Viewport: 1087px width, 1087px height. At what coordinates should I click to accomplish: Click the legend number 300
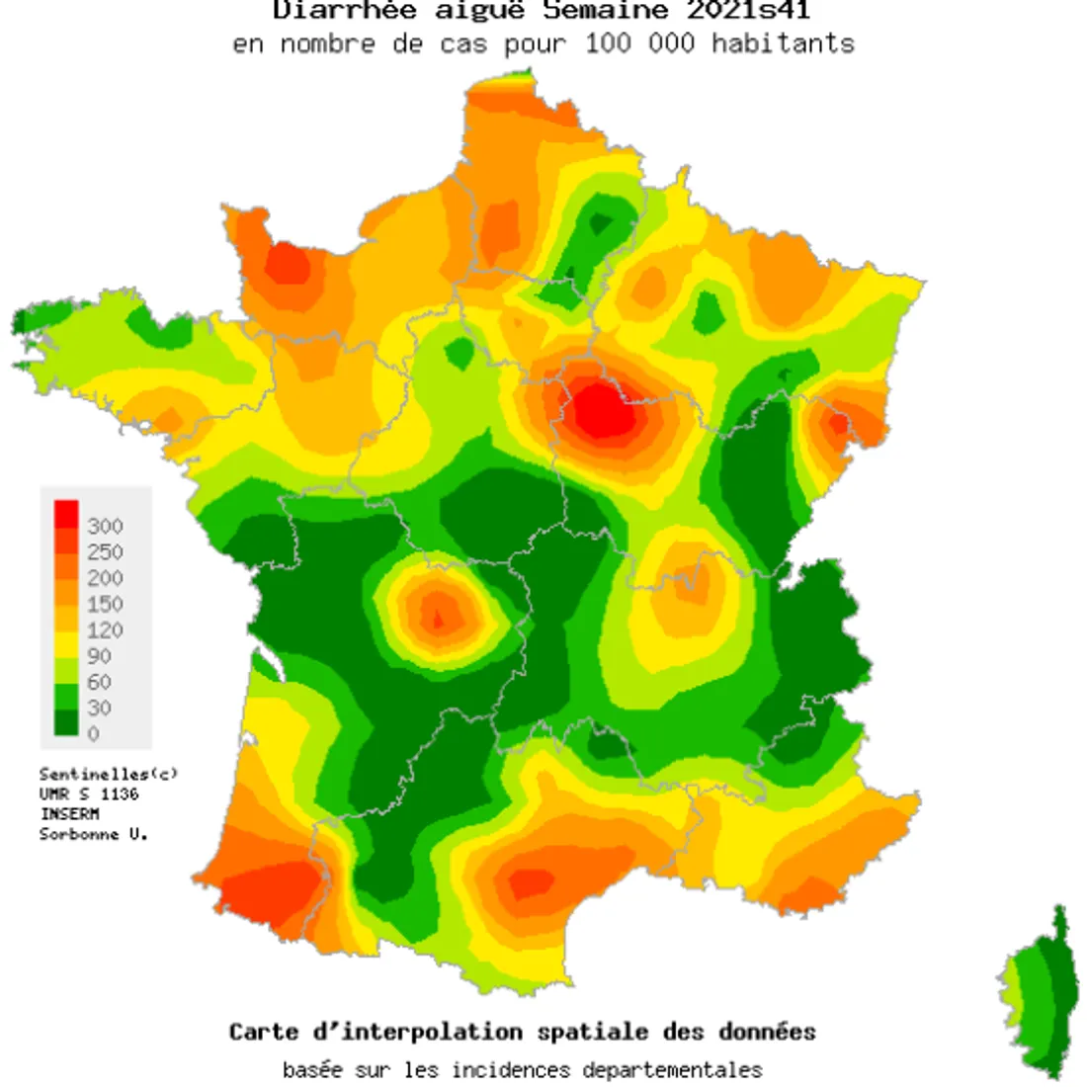105,526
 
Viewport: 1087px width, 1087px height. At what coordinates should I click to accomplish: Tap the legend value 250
105,551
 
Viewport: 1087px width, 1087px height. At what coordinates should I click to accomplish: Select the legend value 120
105,629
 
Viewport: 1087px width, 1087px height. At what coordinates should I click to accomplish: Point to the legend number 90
100,655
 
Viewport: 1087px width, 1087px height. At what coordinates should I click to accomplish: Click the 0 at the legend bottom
94,733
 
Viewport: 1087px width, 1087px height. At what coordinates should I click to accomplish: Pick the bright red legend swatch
66,514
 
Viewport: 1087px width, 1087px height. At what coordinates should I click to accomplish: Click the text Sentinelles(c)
109,774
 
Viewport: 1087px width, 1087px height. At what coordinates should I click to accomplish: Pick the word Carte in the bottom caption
264,1032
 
